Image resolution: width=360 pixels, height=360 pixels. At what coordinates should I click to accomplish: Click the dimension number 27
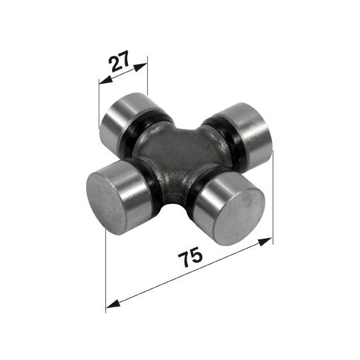pyautogui.click(x=119, y=61)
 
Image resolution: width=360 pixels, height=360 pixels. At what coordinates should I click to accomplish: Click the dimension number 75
pyautogui.click(x=190, y=257)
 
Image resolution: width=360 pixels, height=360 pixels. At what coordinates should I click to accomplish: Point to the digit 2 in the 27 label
pyautogui.click(x=114, y=64)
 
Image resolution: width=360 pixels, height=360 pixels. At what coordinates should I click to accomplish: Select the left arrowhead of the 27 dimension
pyautogui.click(x=105, y=80)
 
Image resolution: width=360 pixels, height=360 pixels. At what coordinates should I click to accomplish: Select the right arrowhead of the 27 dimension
pyautogui.click(x=140, y=67)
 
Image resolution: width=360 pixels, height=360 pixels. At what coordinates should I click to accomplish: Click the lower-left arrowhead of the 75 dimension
pyautogui.click(x=113, y=304)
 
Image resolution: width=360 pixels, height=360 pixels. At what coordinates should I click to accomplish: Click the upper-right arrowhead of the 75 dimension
pyautogui.click(x=265, y=241)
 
